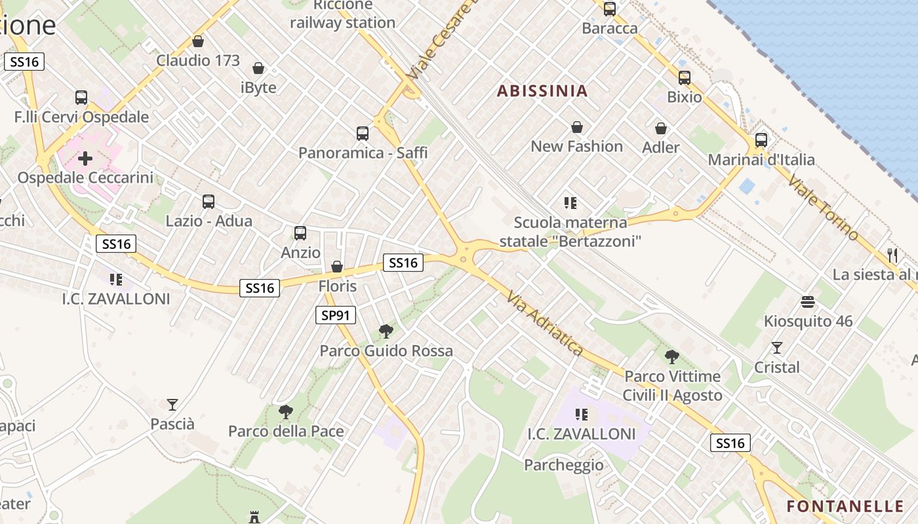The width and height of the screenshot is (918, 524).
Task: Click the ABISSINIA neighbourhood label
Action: pos(542,91)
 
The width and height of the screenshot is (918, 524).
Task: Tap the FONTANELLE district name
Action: pos(845,506)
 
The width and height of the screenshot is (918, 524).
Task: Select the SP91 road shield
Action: pos(335,315)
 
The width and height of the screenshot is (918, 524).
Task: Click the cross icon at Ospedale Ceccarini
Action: pos(85,159)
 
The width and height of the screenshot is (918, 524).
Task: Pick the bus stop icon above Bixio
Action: pos(684,78)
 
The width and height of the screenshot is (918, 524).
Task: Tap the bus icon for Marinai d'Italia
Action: pos(761,140)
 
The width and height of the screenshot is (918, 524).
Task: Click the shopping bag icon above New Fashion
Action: pos(577,127)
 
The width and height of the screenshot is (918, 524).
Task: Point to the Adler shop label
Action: pos(661,147)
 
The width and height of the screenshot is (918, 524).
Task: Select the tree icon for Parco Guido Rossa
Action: pos(386,331)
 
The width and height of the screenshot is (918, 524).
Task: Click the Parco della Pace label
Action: pos(286,431)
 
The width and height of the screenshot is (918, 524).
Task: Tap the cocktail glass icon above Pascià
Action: pos(172,405)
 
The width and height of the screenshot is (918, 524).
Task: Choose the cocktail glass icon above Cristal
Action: pos(777,348)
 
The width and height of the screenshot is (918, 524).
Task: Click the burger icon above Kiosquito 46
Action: pos(808,302)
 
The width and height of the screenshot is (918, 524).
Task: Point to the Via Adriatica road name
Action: pos(545,324)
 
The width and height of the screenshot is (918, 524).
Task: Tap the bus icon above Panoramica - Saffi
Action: pos(363,134)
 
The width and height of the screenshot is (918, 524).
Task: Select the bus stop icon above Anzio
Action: pos(300,233)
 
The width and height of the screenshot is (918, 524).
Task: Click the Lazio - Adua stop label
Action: pos(209,221)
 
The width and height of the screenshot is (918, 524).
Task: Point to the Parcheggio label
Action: pos(564,465)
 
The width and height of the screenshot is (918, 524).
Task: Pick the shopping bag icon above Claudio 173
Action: pos(198,42)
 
